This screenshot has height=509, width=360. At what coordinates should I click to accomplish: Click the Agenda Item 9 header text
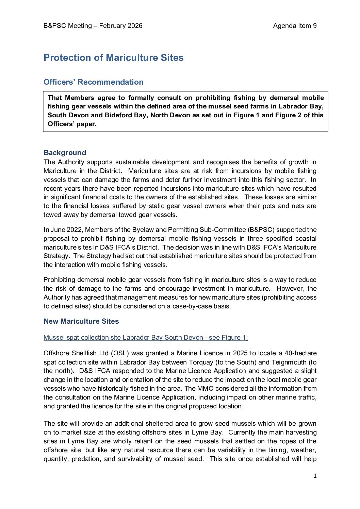point(295,26)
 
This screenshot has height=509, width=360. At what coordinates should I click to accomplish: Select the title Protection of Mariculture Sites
point(114,58)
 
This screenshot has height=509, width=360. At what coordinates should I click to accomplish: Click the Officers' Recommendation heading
point(94,82)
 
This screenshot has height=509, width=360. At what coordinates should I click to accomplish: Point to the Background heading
point(65,153)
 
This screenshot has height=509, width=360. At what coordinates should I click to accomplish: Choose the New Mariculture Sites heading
point(81,321)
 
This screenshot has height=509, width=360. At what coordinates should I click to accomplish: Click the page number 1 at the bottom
point(315,476)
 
